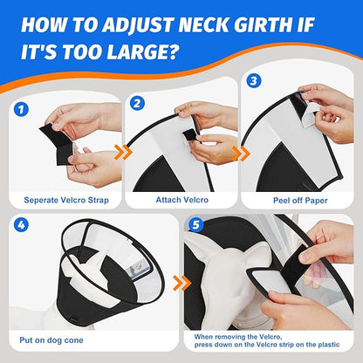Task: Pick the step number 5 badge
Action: pos(196,224)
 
